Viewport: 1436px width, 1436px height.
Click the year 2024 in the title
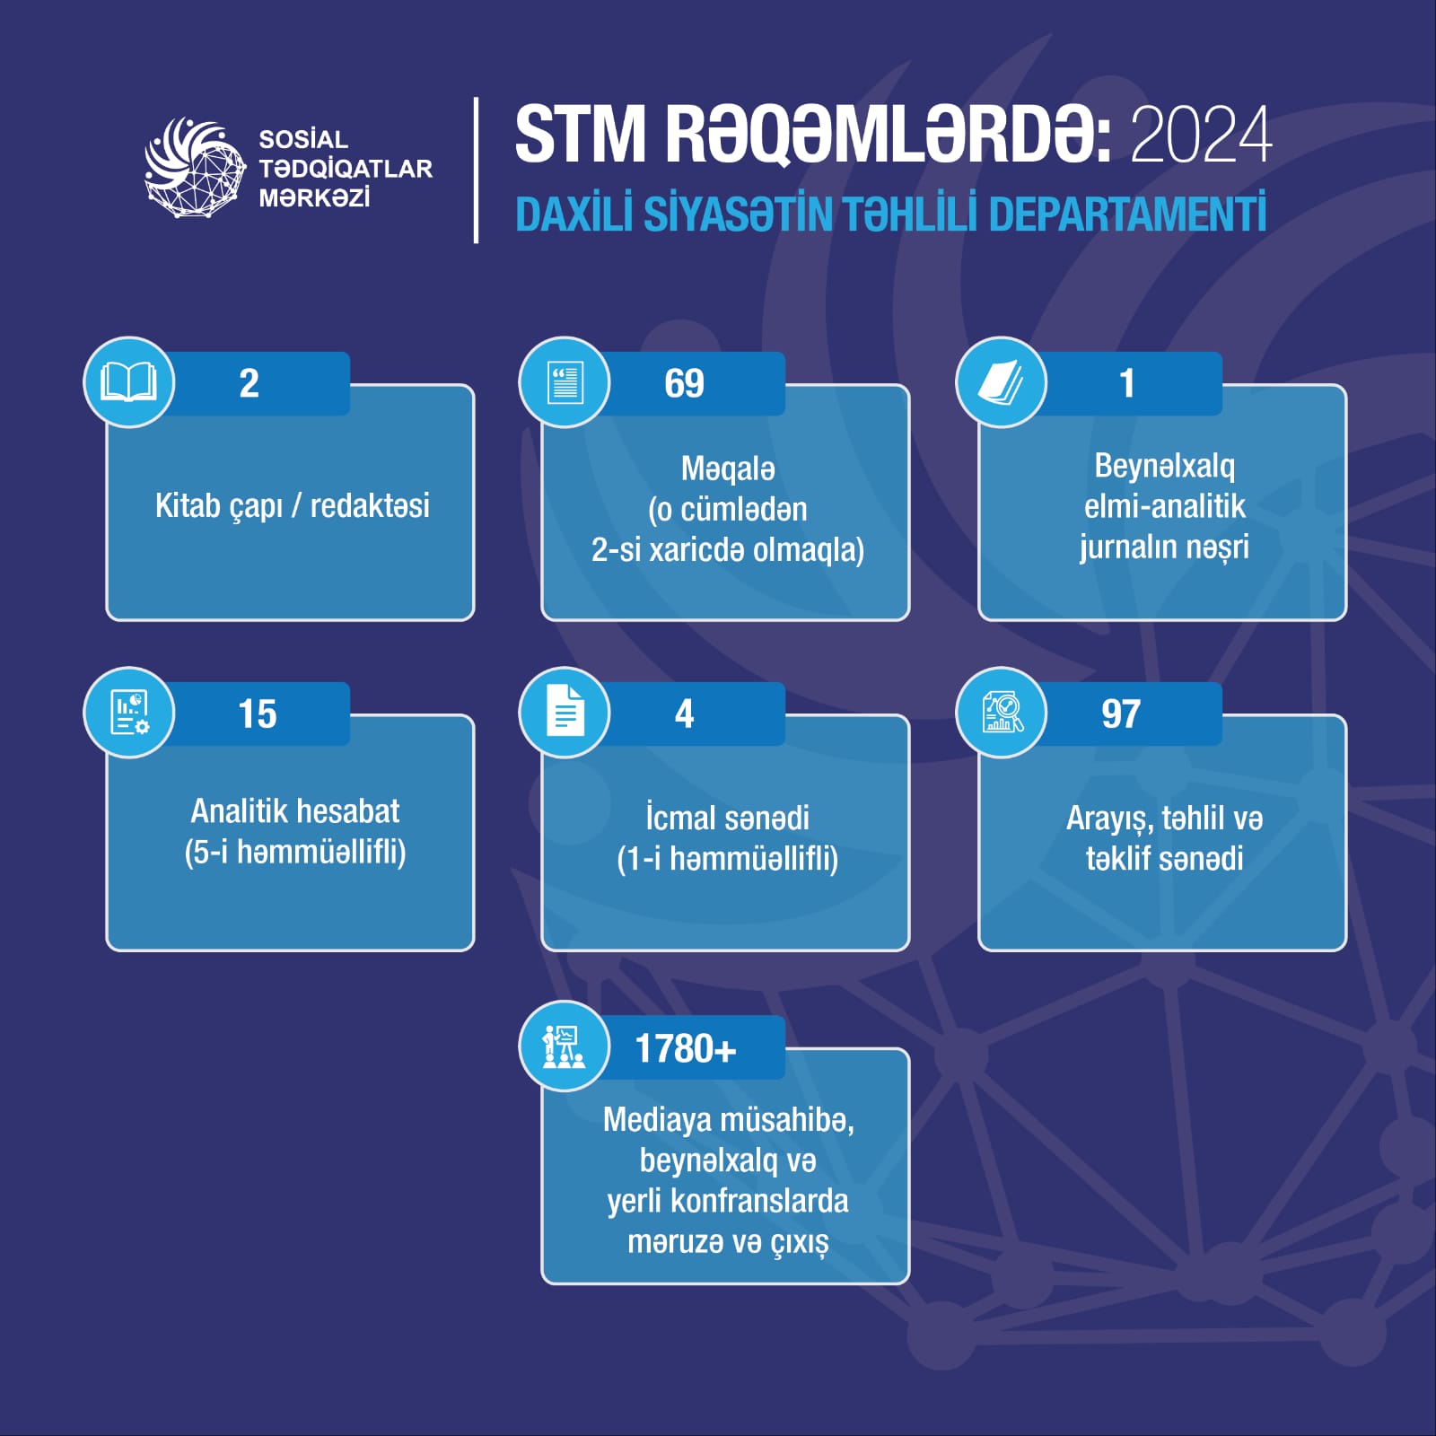[1201, 135]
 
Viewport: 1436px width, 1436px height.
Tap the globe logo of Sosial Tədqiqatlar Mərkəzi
[195, 168]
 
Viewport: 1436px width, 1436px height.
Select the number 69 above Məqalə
[684, 384]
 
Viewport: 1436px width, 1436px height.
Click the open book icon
[128, 382]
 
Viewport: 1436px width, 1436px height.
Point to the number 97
[1121, 714]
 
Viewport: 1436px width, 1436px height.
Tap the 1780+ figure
[686, 1048]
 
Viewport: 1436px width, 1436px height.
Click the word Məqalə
[728, 468]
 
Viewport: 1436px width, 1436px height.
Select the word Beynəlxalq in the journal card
[1164, 466]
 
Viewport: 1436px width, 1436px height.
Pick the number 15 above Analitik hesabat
[258, 714]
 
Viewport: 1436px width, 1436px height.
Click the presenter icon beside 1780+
[564, 1046]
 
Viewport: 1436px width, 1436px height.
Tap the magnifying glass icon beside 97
[1002, 713]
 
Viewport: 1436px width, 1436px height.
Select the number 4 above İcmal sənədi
[684, 714]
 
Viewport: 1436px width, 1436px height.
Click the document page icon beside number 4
[565, 711]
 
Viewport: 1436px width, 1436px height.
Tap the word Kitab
[188, 506]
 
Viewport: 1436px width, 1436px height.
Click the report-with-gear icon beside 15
[129, 713]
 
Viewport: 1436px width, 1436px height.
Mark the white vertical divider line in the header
[476, 171]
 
